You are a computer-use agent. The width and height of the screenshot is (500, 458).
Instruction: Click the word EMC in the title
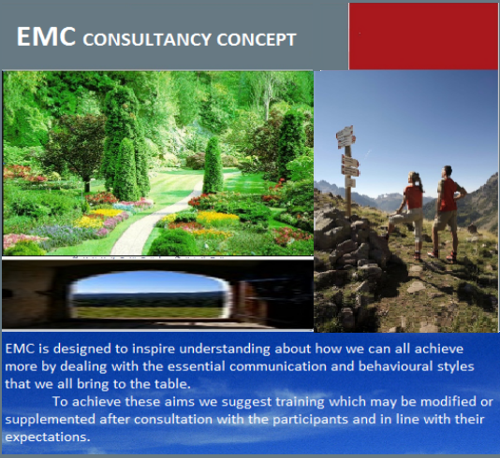pos(46,36)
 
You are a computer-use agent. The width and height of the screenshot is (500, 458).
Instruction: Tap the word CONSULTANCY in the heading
pos(147,39)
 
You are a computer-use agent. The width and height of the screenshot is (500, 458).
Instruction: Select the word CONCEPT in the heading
pos(257,39)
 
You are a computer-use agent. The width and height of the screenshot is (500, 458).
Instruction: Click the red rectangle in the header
pos(423,36)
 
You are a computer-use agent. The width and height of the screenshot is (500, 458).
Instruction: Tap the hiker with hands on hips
pos(448,211)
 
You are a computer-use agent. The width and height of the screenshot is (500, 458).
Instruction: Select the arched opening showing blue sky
pos(149,294)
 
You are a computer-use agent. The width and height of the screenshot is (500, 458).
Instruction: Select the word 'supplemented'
pos(50,420)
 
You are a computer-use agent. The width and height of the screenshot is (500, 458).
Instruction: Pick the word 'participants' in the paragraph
pos(310,420)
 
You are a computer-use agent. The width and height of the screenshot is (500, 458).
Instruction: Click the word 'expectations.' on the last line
pos(48,437)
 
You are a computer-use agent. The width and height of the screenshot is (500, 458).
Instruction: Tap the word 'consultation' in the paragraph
pos(173,419)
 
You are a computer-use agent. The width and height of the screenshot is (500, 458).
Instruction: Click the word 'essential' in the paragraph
pos(196,366)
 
